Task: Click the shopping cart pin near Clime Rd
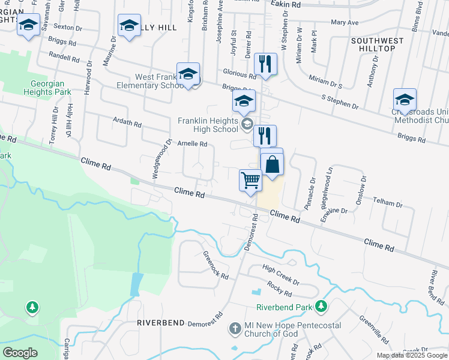[250, 180]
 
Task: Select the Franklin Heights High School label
[208, 125]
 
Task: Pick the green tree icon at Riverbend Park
[322, 307]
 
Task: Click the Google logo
[20, 352]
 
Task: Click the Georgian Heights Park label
[47, 88]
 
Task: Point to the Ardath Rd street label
[127, 122]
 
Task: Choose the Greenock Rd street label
[215, 266]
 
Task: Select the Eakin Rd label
[285, 4]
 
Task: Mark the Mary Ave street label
[345, 22]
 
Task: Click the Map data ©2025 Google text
[412, 355]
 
